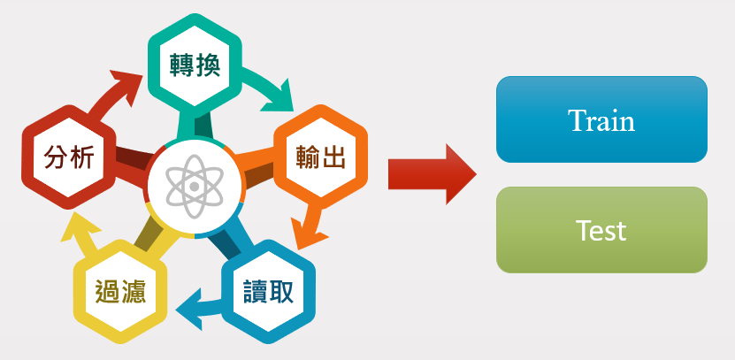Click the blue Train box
[x=601, y=119]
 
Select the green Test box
[x=601, y=230]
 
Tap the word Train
[x=601, y=119]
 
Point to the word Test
[x=601, y=231]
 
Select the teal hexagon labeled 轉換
[x=194, y=63]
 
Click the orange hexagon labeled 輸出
[x=319, y=157]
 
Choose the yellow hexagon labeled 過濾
[x=120, y=291]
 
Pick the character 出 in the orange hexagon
[x=334, y=157]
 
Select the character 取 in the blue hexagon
[x=284, y=290]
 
